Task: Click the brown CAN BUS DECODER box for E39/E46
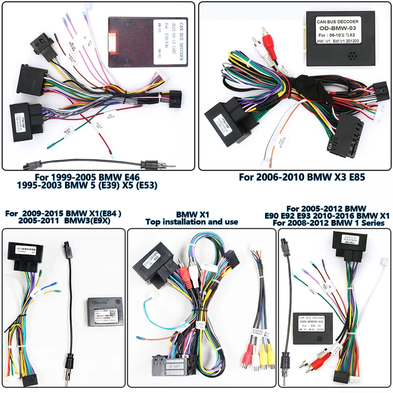click(147, 42)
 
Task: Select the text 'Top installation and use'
click(192, 222)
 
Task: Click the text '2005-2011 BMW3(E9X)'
click(64, 221)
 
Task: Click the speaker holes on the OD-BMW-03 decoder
click(353, 56)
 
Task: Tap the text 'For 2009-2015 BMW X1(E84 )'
click(64, 213)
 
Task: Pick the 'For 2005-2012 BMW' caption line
click(327, 208)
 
